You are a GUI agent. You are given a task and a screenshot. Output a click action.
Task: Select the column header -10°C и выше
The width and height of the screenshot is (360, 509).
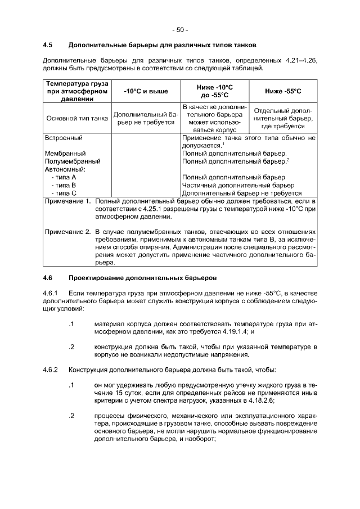tap(146, 91)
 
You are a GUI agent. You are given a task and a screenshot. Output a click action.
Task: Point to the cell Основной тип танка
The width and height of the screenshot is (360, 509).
tap(75, 119)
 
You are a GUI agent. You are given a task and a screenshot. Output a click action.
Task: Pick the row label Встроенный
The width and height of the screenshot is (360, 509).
tap(63, 137)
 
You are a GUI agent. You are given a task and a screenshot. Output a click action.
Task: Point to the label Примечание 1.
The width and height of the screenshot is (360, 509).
tap(67, 201)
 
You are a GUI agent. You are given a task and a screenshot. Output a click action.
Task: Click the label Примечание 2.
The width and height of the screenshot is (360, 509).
tap(67, 231)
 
